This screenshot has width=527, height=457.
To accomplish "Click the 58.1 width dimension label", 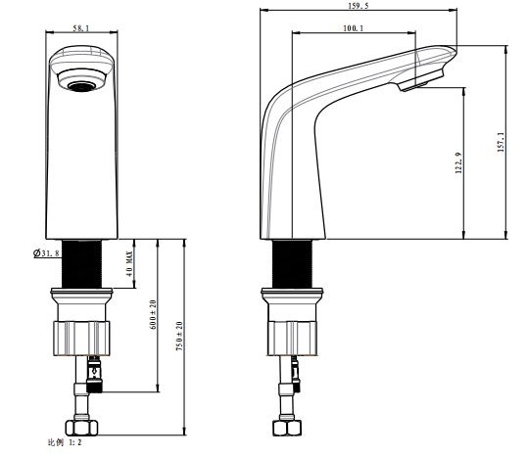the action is pyautogui.click(x=81, y=28).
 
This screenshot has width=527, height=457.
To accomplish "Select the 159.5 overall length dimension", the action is pyautogui.click(x=359, y=6).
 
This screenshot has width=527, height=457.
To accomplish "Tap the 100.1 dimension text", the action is pyautogui.click(x=353, y=28).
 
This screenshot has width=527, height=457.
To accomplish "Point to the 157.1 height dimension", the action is pyautogui.click(x=501, y=142).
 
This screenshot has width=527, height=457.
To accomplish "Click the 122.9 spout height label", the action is pyautogui.click(x=458, y=162).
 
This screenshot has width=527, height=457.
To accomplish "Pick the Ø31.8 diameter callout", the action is pyautogui.click(x=47, y=252).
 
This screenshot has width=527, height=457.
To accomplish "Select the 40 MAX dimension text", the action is pyautogui.click(x=129, y=263).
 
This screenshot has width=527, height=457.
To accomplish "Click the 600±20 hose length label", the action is pyautogui.click(x=153, y=315).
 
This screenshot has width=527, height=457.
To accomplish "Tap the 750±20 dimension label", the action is pyautogui.click(x=179, y=336).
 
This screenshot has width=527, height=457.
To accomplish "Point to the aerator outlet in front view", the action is pyautogui.click(x=80, y=86).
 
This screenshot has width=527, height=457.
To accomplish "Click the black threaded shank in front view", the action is pyautogui.click(x=82, y=264).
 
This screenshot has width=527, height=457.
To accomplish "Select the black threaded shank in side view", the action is pyautogui.click(x=292, y=264).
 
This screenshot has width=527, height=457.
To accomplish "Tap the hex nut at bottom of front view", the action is pyautogui.click(x=81, y=428).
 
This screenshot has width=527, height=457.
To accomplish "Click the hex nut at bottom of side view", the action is pyautogui.click(x=287, y=428).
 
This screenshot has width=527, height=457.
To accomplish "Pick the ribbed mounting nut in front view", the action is pyautogui.click(x=81, y=339).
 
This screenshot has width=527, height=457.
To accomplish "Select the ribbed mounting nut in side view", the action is pyautogui.click(x=293, y=339).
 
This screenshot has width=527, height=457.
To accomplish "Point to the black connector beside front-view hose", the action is pyautogui.click(x=94, y=375).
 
